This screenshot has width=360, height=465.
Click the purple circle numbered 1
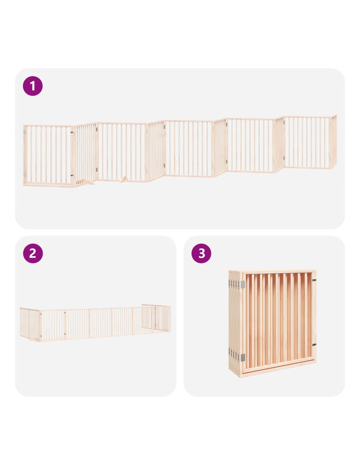pos(33,86)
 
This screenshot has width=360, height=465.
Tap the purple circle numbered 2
pos(33,253)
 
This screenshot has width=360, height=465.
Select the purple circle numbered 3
pos(201,253)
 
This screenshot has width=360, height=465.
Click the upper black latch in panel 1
pos(72,133)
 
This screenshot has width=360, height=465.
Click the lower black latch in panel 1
pos(72,175)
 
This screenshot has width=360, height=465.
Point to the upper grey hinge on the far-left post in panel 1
pos(25,132)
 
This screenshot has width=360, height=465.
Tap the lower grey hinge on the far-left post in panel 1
pos(25,174)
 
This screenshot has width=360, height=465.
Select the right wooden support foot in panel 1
pos(124,179)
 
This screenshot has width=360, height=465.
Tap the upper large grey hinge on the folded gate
pos(243,284)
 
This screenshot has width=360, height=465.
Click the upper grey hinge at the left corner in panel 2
pos(41,314)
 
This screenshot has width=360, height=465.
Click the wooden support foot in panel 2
pos(34,339)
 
